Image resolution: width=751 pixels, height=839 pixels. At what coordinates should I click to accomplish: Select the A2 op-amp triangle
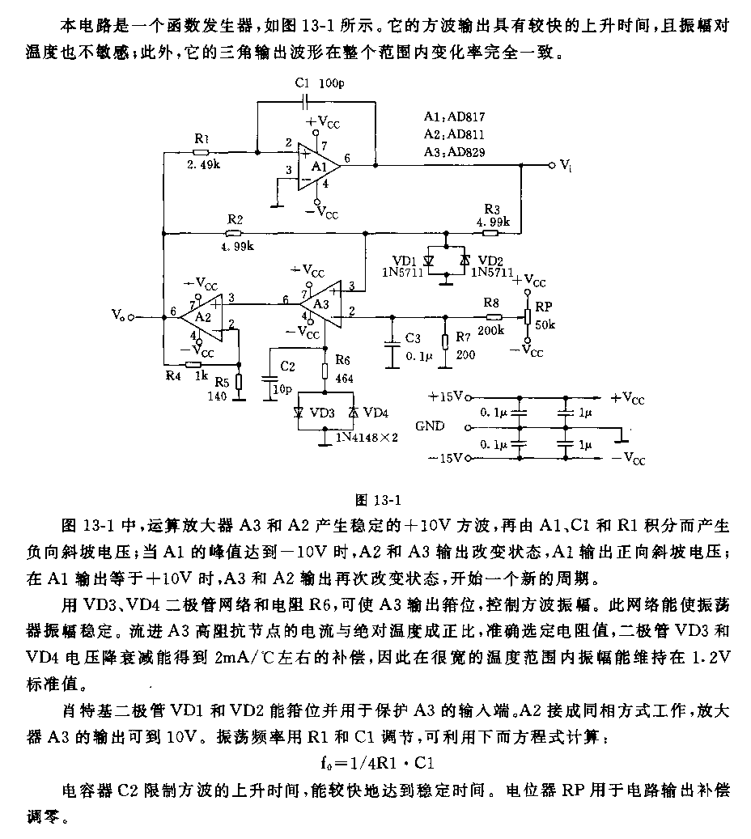pos(202,316)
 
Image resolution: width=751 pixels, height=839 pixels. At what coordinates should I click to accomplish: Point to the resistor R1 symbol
pos(201,151)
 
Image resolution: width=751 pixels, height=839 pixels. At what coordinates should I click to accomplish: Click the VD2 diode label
pos(489,260)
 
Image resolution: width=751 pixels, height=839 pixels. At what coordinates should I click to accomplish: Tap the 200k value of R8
pos(490,329)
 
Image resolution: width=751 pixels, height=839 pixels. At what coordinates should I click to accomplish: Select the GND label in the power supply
pos(430,426)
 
